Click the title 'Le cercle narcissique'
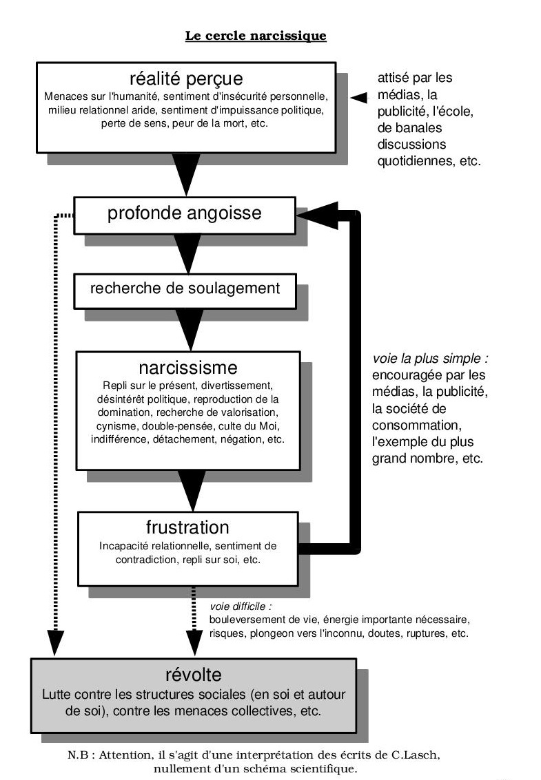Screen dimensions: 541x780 [256, 36]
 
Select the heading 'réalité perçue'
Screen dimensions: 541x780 [186, 78]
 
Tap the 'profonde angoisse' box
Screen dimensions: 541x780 [185, 215]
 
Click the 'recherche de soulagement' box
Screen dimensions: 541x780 [185, 291]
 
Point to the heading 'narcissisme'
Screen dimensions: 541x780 [188, 368]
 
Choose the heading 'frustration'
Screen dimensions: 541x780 [187, 527]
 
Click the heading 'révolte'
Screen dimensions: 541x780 [193, 675]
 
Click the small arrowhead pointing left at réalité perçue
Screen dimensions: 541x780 [358, 98]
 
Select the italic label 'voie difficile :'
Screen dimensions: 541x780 [241, 607]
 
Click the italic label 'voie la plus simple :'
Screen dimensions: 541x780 [431, 358]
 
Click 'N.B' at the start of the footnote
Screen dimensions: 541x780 [78, 755]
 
